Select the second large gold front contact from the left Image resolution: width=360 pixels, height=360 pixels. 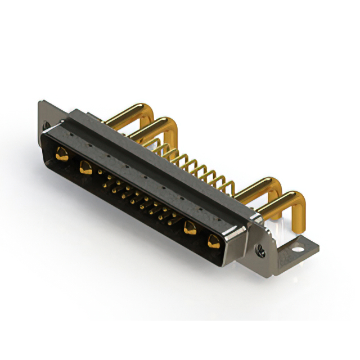[85, 166]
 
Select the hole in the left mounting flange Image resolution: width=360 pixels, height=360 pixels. [46, 124]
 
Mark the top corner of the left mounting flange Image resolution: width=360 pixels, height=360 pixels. [40, 102]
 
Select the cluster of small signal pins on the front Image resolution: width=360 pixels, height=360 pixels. [138, 197]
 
